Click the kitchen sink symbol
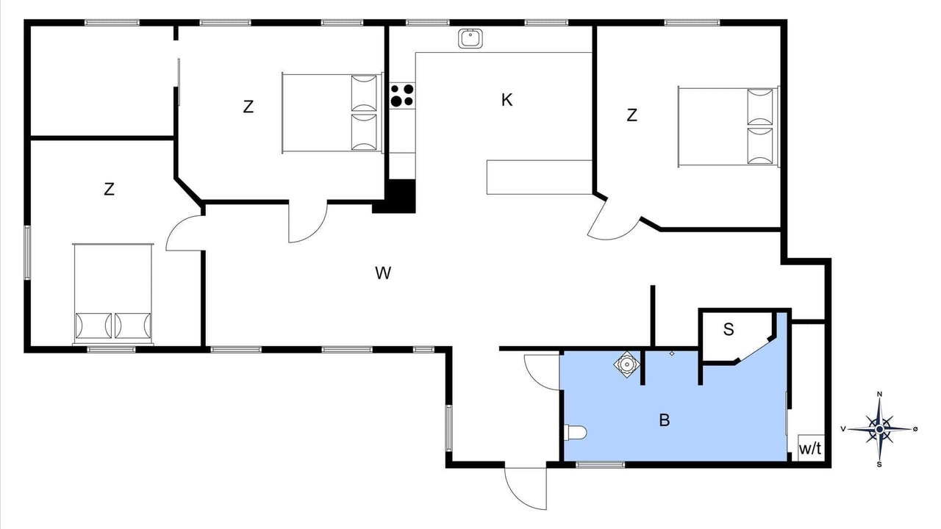pyautogui.click(x=470, y=39)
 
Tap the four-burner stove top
pyautogui.click(x=402, y=96)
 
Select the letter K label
pyautogui.click(x=507, y=100)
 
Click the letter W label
pyautogui.click(x=383, y=273)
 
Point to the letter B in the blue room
pyautogui.click(x=664, y=420)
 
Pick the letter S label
pyautogui.click(x=729, y=330)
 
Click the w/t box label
pyautogui.click(x=810, y=449)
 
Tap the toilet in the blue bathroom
pyautogui.click(x=575, y=433)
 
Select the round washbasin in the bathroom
pyautogui.click(x=627, y=364)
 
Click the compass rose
pyautogui.click(x=879, y=429)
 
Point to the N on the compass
pyautogui.click(x=879, y=394)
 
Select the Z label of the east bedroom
pyautogui.click(x=631, y=115)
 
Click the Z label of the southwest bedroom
pyautogui.click(x=110, y=189)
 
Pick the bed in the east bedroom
pyautogui.click(x=729, y=127)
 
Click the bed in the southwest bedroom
pyautogui.click(x=113, y=294)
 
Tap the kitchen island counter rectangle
pyautogui.click(x=540, y=177)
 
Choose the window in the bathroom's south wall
pyautogui.click(x=600, y=465)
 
